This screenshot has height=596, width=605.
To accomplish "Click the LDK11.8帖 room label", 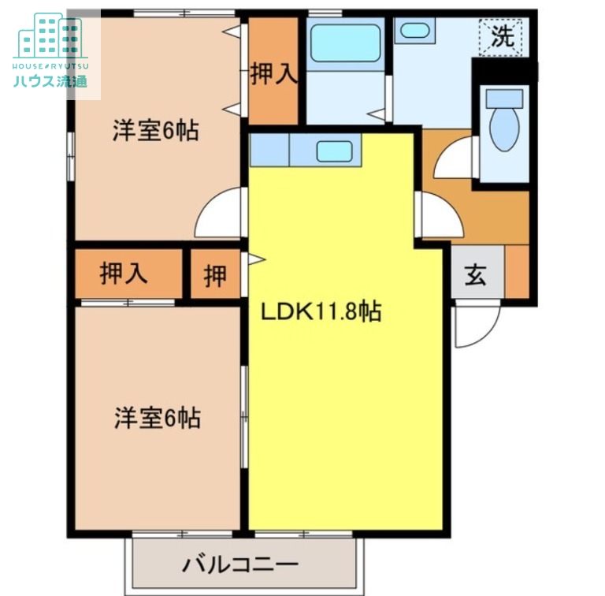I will pyautogui.click(x=321, y=312).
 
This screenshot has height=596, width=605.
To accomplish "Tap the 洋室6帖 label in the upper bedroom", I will pyautogui.click(x=155, y=130).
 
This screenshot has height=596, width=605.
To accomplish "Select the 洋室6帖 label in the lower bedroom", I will pyautogui.click(x=157, y=418).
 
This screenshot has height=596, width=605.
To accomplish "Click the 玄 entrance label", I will pyautogui.click(x=475, y=276).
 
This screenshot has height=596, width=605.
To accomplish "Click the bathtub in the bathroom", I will pyautogui.click(x=344, y=43).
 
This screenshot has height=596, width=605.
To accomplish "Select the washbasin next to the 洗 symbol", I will pyautogui.click(x=414, y=31).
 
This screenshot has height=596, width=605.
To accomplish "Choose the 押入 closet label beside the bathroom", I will pyautogui.click(x=273, y=74).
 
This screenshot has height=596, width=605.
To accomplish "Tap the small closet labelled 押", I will pyautogui.click(x=214, y=275).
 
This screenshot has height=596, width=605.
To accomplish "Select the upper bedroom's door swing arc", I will pyautogui.click(x=219, y=214).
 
